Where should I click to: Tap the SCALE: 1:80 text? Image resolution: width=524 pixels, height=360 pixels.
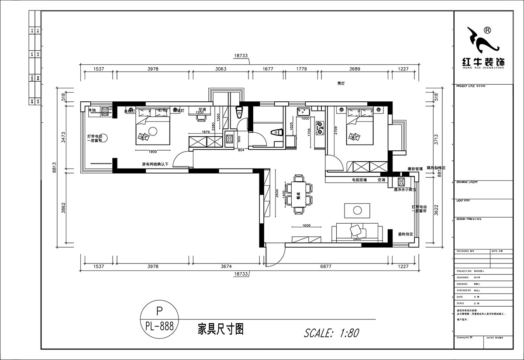tap(331, 333)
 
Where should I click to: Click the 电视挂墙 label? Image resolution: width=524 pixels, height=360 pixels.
tap(359, 180)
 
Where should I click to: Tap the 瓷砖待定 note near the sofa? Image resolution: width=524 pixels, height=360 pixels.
tap(405, 234)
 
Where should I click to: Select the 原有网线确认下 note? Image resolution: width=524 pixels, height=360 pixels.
tap(155, 165)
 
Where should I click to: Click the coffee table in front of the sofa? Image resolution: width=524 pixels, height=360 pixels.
tap(357, 210)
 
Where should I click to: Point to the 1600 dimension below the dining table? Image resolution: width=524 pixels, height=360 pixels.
tap(306, 226)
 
